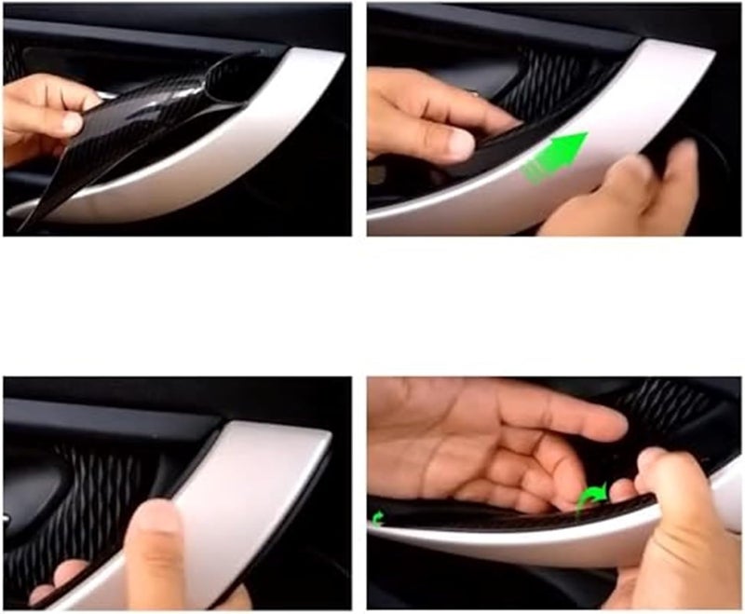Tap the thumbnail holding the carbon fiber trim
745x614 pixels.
(71, 121)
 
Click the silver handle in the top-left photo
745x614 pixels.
(261, 140)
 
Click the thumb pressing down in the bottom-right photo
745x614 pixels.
(675, 503)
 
